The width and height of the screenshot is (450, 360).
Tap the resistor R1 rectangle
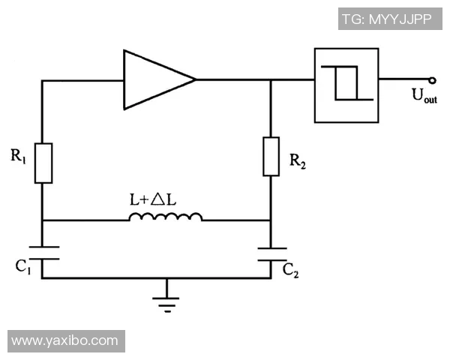point(44,162)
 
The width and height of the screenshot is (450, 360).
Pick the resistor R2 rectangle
point(271,157)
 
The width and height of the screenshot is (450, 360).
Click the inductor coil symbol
point(165,217)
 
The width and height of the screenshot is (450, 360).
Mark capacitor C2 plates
point(271,253)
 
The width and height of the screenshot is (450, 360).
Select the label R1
point(19,156)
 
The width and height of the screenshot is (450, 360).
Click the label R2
point(297,160)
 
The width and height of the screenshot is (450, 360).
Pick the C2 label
point(291,270)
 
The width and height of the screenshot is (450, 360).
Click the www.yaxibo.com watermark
point(64,340)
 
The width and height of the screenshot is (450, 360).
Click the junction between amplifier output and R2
point(271,79)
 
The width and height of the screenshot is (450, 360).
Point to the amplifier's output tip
point(195,79)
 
